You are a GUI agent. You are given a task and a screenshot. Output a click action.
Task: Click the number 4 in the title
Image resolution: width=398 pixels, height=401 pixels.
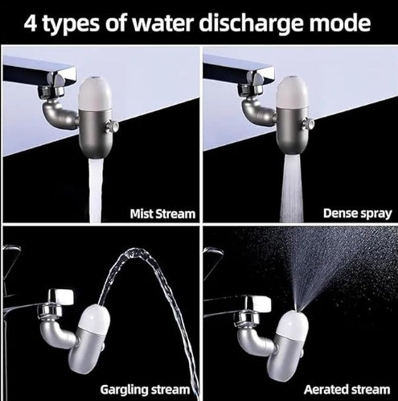tap(31, 23)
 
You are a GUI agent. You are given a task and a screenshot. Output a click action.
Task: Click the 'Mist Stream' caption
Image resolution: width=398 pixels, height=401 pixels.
tap(162, 214)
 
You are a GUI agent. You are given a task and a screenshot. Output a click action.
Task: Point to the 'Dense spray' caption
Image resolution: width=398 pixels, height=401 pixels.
tap(358, 213)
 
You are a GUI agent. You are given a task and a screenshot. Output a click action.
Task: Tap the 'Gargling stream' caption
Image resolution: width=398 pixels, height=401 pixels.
tap(145, 390)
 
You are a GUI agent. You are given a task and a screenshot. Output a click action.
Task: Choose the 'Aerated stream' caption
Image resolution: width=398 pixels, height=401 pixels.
tap(347, 390)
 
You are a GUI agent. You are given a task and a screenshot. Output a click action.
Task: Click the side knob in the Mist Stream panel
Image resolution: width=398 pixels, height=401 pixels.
tap(112, 126)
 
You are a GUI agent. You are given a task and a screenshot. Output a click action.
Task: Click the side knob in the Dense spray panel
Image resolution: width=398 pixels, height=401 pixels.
tap(309, 124)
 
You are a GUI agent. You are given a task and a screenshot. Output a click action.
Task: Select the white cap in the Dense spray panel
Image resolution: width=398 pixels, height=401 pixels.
tap(292, 92)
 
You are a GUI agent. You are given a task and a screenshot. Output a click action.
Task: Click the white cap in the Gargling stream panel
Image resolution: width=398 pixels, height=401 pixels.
tap(94, 319)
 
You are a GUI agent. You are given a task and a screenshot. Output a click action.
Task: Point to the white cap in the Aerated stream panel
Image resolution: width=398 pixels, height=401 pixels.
tap(293, 325)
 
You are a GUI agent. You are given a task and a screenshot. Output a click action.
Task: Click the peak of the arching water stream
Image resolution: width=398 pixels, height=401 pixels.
tap(136, 250)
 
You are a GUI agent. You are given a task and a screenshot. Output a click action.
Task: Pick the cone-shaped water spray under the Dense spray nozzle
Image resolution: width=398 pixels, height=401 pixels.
tap(292, 188)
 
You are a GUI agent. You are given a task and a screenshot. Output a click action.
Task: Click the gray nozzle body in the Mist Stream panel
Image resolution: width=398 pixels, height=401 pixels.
tap(96, 133)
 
